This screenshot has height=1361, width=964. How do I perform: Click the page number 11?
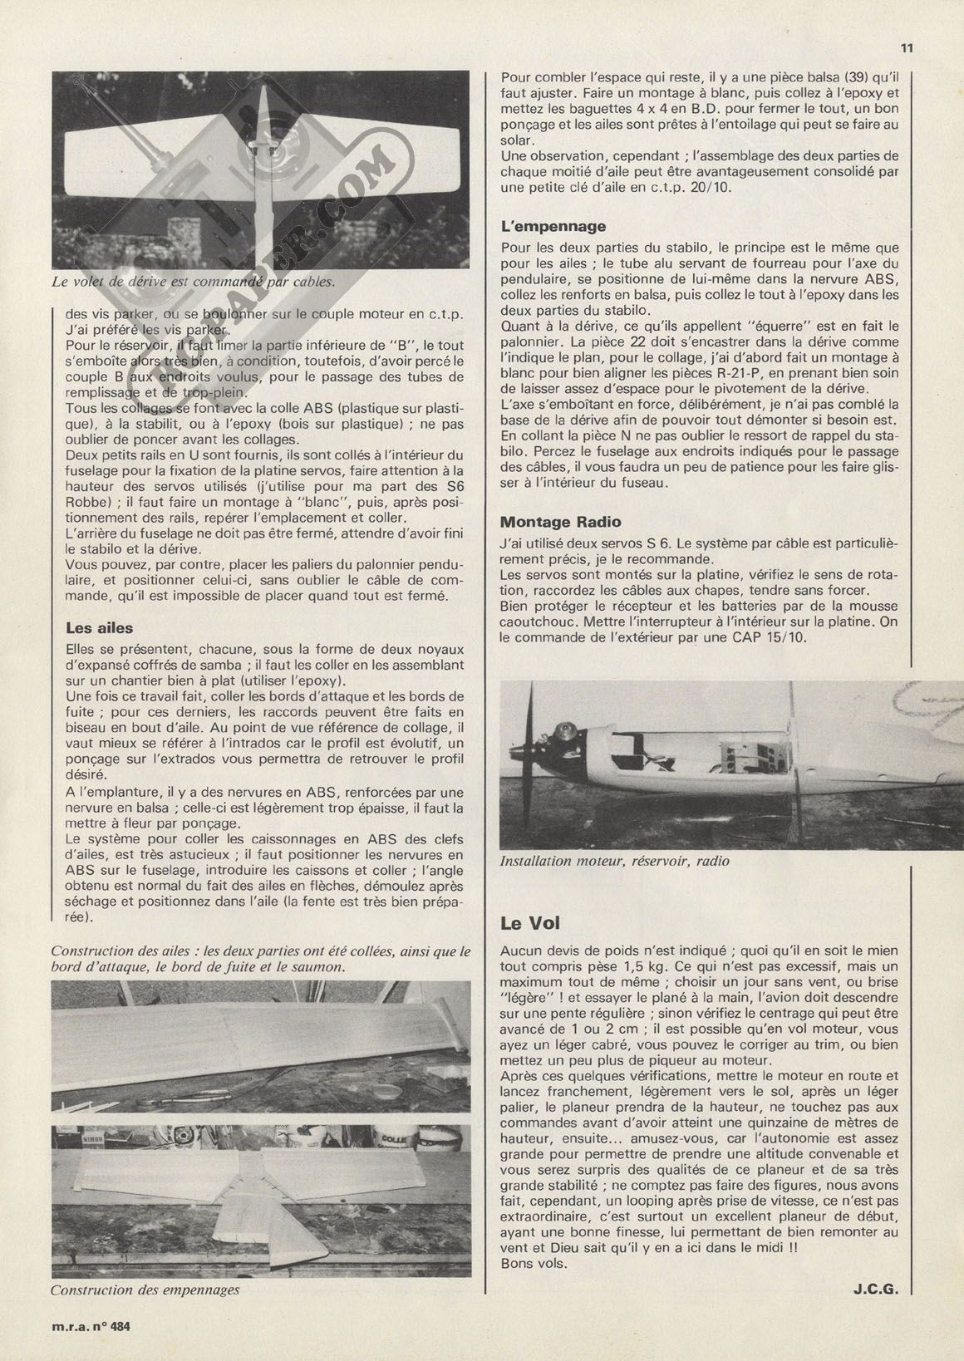pyautogui.click(x=907, y=48)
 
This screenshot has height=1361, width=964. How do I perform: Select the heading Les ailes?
pyautogui.click(x=99, y=628)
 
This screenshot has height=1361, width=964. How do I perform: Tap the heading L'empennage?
pyautogui.click(x=553, y=226)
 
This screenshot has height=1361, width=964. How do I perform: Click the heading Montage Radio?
pyautogui.click(x=560, y=522)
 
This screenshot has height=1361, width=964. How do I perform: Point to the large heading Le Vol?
pyautogui.click(x=530, y=922)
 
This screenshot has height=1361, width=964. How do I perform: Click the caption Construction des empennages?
pyautogui.click(x=145, y=1290)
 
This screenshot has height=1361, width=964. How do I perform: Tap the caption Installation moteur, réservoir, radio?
pyautogui.click(x=614, y=861)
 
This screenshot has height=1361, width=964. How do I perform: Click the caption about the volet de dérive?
pyautogui.click(x=193, y=281)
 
